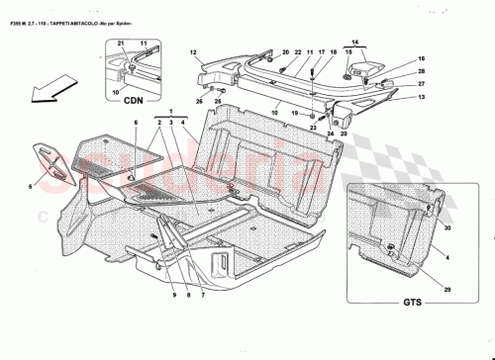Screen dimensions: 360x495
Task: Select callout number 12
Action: point(194,50)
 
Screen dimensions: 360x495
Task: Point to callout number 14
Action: point(357,43)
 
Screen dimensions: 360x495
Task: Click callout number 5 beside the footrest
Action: point(31,184)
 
